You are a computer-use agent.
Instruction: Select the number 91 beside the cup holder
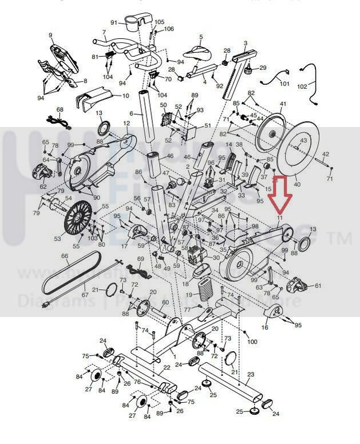114,22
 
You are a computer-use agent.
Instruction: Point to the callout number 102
318,87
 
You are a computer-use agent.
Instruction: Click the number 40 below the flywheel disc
296,184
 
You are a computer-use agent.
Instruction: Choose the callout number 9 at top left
50,36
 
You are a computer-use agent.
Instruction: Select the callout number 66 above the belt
65,257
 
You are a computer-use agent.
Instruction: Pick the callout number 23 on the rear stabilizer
250,374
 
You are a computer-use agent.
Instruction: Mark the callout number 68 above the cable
60,109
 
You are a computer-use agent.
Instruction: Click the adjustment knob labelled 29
248,72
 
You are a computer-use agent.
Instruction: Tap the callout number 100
252,341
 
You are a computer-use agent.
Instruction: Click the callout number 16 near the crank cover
264,328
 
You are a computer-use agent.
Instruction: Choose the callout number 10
126,96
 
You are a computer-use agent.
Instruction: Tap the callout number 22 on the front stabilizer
167,367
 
